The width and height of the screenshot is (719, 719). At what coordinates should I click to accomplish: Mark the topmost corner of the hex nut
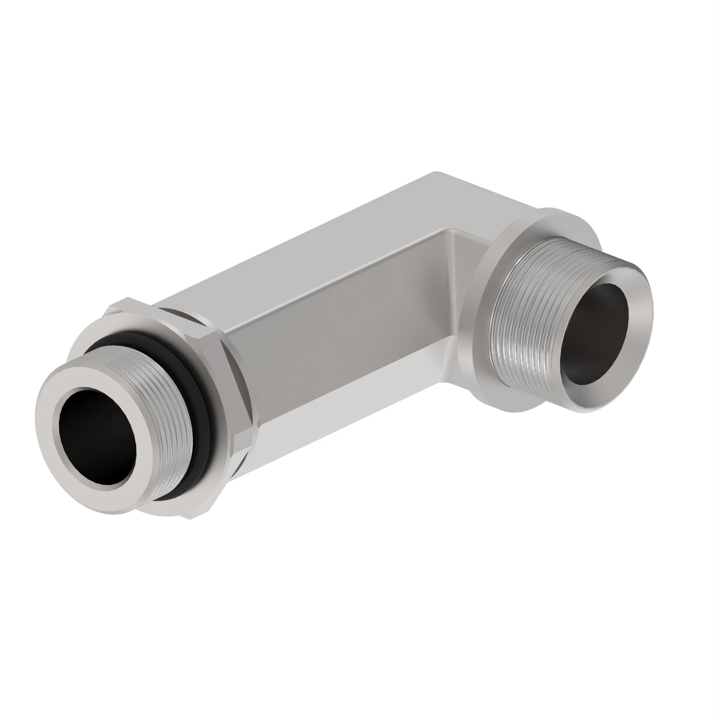[128, 298]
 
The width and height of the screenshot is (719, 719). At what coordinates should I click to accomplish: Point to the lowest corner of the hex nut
[191, 519]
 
